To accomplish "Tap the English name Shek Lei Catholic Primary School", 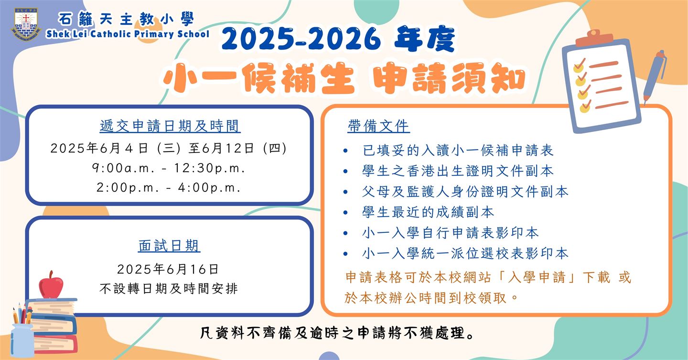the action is (128, 34).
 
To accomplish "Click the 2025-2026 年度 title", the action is (337, 39).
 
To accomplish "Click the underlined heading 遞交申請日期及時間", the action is (170, 126).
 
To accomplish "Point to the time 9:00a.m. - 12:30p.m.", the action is (169, 168).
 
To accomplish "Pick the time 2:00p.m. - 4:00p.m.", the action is (169, 187).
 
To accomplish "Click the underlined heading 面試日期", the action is (169, 246).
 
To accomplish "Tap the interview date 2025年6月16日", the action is (168, 269).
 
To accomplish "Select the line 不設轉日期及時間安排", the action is (169, 289).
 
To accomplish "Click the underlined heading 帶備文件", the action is (379, 126).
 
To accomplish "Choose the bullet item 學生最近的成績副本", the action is (428, 212).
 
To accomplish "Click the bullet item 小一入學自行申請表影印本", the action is (450, 233).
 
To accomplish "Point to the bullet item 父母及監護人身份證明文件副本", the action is (465, 192).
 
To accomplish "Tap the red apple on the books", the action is (51, 284).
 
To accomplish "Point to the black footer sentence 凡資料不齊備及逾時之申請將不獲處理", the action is (337, 333).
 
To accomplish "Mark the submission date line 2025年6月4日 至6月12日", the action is (169, 149).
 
